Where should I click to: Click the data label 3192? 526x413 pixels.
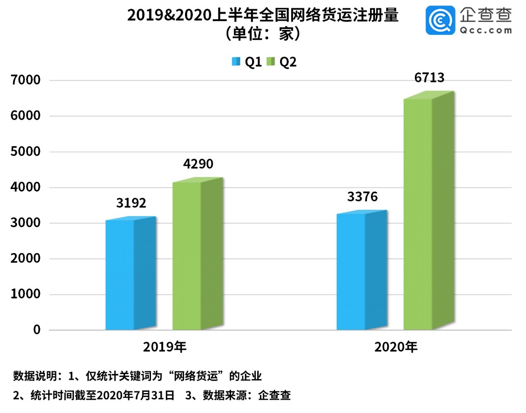pyautogui.click(x=131, y=203)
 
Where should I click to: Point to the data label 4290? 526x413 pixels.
pyautogui.click(x=198, y=164)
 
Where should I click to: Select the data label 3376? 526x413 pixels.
pyautogui.click(x=362, y=197)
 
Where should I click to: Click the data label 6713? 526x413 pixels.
pyautogui.click(x=429, y=77)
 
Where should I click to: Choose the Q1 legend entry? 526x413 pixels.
pyautogui.click(x=247, y=62)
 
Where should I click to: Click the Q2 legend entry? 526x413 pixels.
pyautogui.click(x=282, y=62)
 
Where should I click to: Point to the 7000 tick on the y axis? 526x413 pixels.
pyautogui.click(x=26, y=80)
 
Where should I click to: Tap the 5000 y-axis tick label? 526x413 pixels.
pyautogui.click(x=26, y=151)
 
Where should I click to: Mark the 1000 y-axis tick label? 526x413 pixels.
pyautogui.click(x=26, y=294)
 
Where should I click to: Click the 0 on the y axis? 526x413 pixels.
pyautogui.click(x=37, y=330)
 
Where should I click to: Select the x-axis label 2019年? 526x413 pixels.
pyautogui.click(x=165, y=347)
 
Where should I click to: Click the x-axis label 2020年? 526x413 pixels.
pyautogui.click(x=396, y=347)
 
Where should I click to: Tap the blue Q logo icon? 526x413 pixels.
pyautogui.click(x=440, y=20)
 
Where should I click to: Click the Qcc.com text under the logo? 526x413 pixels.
pyautogui.click(x=485, y=30)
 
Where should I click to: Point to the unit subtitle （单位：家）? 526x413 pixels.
pyautogui.click(x=263, y=34)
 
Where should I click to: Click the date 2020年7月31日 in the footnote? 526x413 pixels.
pyautogui.click(x=135, y=395)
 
